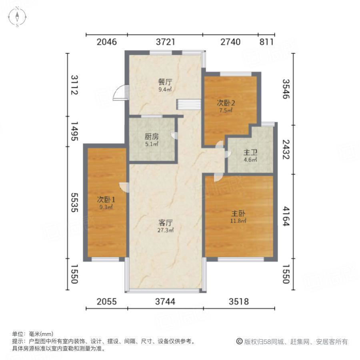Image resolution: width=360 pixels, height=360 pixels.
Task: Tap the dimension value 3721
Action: pos(165,42)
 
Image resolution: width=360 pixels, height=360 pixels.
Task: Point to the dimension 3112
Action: pos(74,84)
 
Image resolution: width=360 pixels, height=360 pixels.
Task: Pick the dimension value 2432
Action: pos(286,150)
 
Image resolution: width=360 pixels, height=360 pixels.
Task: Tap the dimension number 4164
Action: pos(286,216)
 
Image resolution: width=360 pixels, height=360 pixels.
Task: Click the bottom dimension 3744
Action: pos(165,302)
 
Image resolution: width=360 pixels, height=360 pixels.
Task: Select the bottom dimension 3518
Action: pos(239,302)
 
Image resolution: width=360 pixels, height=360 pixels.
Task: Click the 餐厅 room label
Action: pos(165,82)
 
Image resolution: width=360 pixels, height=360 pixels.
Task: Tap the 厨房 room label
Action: pos(152,136)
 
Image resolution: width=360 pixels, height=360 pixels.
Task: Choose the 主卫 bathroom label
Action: pos(250,152)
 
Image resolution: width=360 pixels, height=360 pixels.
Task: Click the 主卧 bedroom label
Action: pos(238,213)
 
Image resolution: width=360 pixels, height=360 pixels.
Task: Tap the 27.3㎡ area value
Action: pos(165,230)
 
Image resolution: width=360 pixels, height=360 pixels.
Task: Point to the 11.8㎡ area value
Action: pos(238,220)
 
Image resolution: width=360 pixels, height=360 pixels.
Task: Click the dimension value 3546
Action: pos(286,89)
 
